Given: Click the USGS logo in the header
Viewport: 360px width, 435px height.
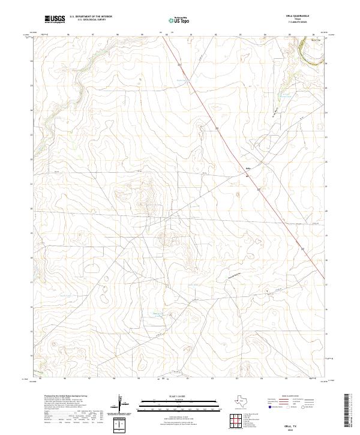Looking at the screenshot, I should point(55,19).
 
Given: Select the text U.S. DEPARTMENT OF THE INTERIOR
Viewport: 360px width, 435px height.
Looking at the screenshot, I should point(92,17).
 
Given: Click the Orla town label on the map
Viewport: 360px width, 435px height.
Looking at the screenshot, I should point(248,168).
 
